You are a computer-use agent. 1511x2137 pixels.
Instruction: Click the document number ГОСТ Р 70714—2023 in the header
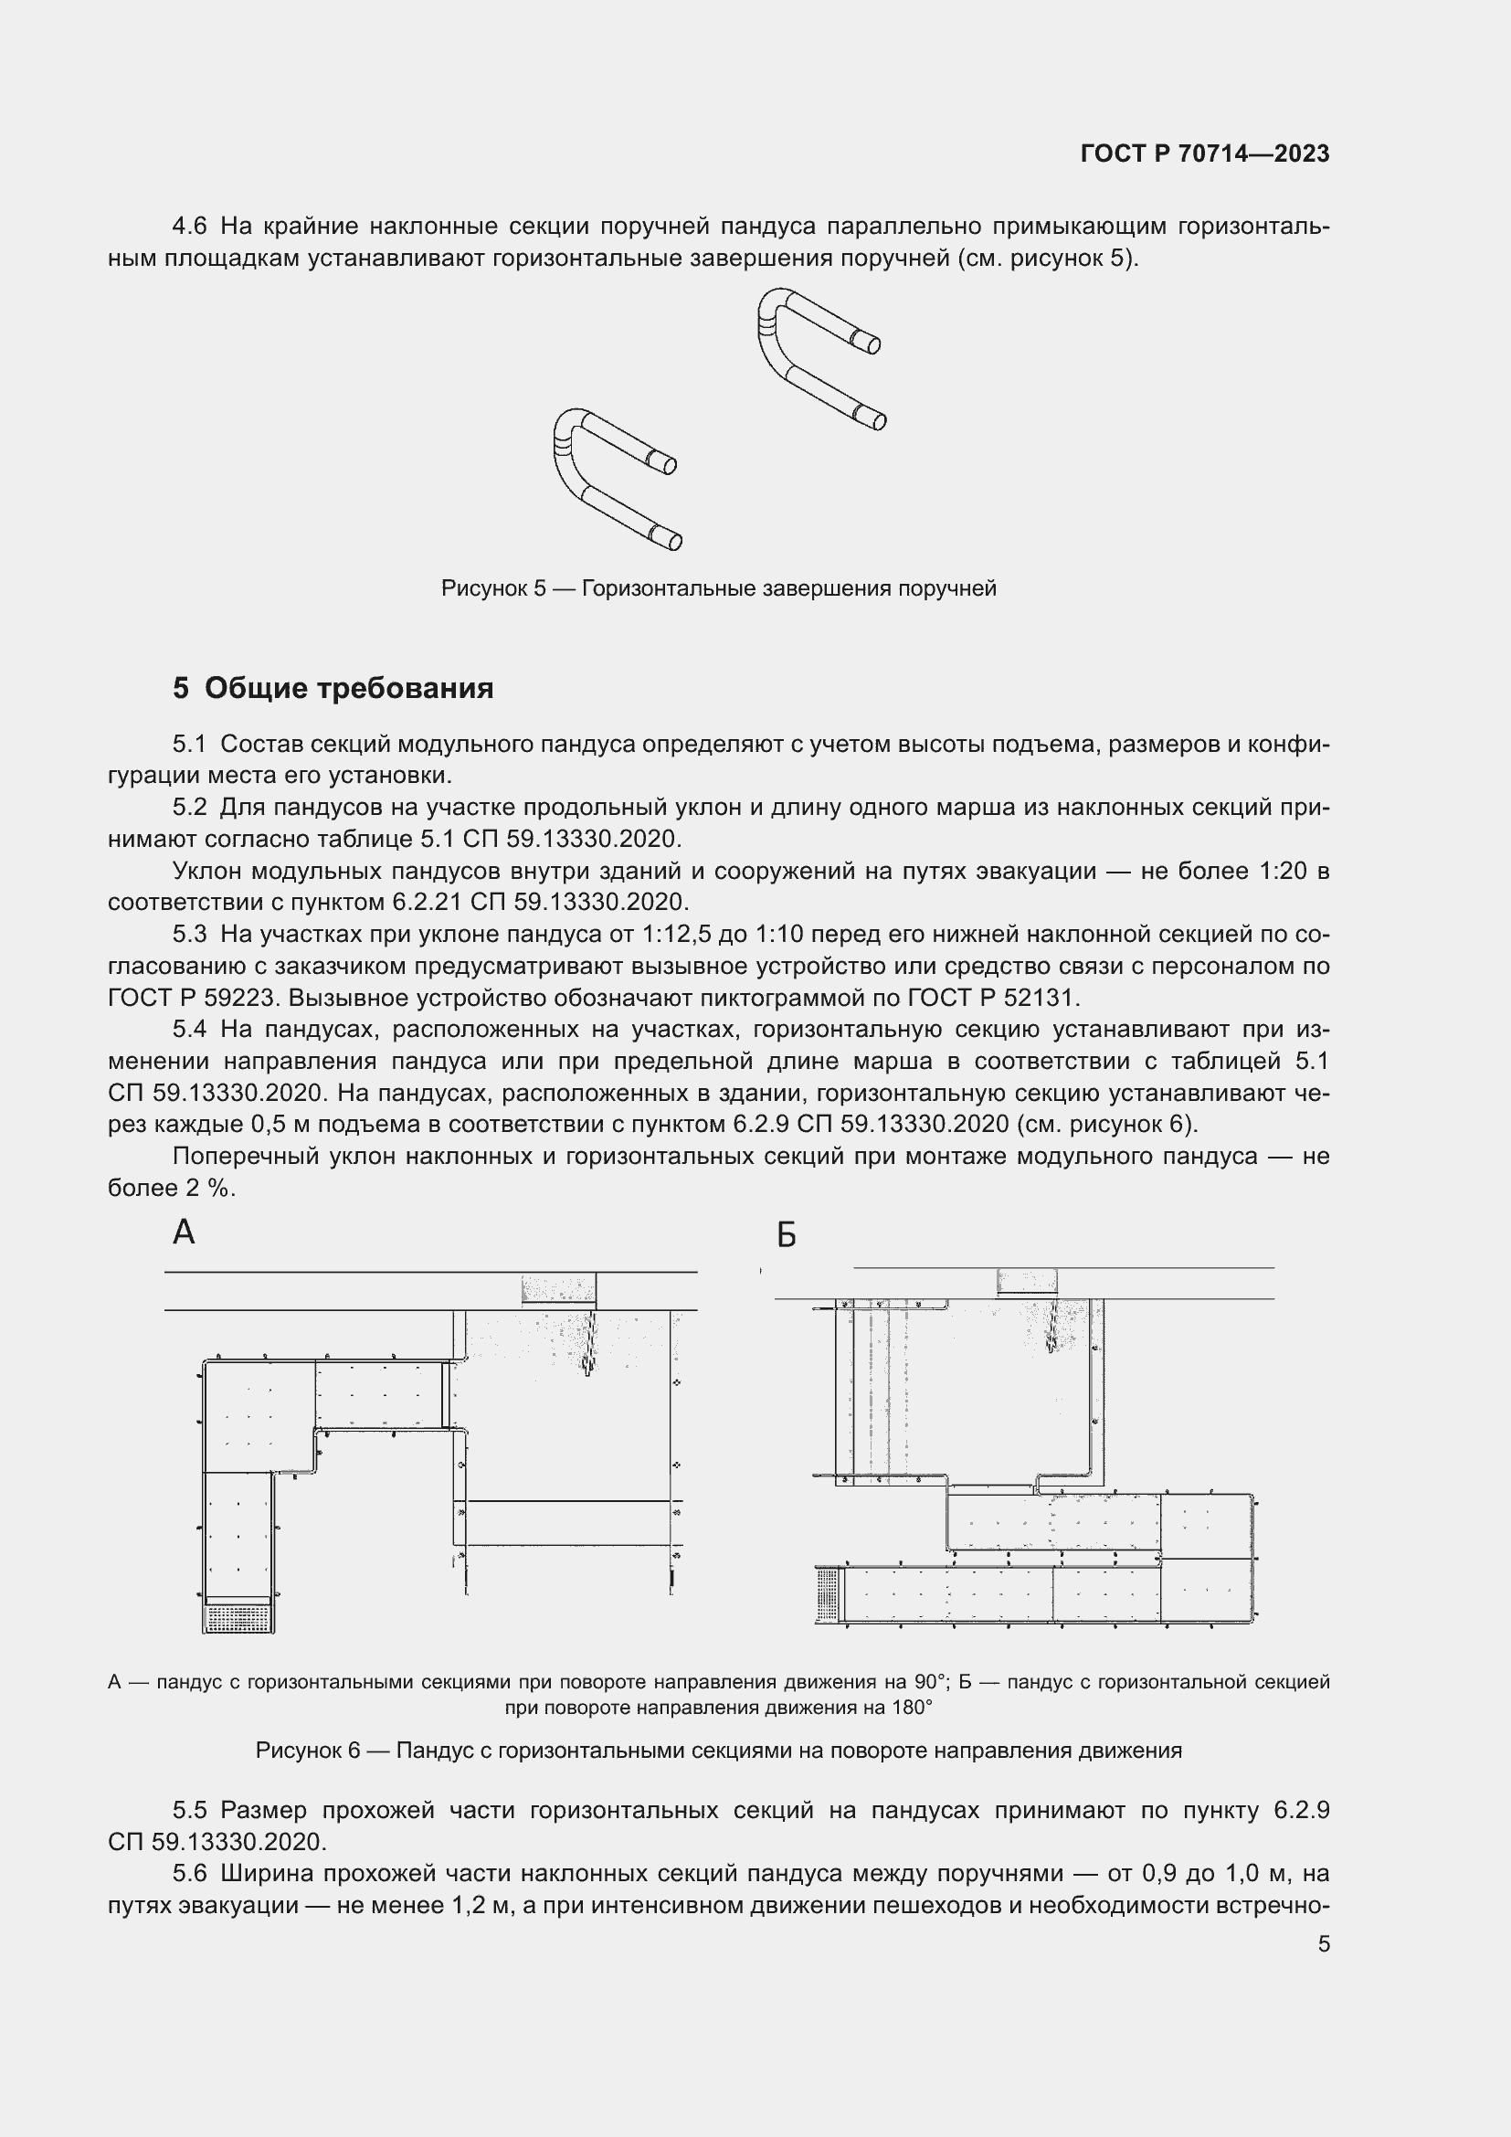(x=1205, y=153)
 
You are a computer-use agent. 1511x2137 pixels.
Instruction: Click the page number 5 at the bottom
(x=1323, y=1943)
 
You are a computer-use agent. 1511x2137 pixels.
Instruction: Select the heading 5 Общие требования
(x=333, y=688)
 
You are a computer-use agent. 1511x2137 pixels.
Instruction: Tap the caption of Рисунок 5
(x=718, y=588)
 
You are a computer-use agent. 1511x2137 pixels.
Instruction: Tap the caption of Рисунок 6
(x=718, y=1750)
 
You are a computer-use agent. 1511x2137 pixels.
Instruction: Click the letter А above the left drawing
(x=185, y=1232)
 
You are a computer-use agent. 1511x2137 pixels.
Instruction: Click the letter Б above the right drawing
(x=787, y=1236)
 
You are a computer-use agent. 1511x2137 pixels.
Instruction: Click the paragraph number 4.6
(x=190, y=227)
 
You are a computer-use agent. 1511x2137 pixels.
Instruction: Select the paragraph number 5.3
(x=190, y=934)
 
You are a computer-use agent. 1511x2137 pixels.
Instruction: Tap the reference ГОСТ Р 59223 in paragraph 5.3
(x=193, y=998)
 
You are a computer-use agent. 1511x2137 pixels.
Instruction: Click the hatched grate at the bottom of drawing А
(x=238, y=1617)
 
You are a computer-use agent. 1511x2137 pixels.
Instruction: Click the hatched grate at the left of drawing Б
(x=827, y=1592)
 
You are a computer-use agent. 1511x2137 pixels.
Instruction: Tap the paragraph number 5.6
(x=190, y=1873)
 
